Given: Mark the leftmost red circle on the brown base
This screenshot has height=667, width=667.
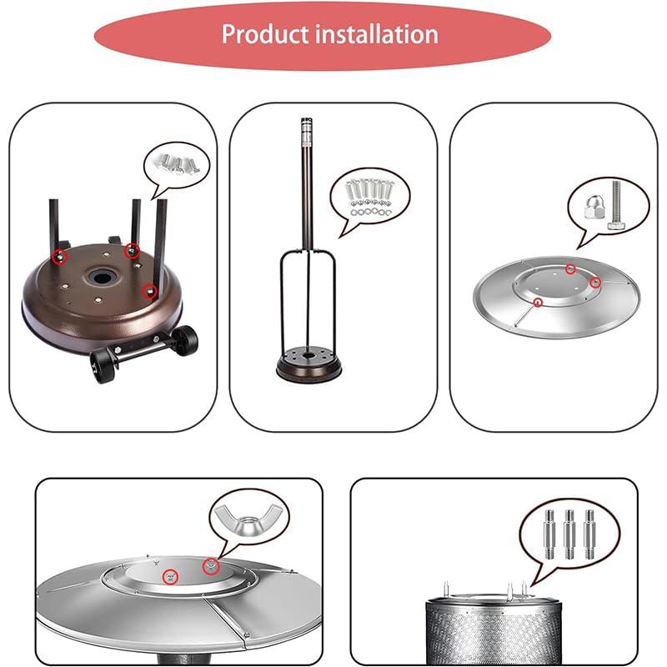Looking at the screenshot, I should [59, 255].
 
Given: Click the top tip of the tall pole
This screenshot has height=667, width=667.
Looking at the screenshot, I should [304, 123].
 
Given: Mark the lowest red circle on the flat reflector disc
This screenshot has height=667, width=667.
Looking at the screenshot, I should [538, 301].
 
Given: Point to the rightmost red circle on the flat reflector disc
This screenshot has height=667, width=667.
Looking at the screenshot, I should [595, 283].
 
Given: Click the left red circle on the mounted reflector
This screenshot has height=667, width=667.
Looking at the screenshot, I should [170, 575].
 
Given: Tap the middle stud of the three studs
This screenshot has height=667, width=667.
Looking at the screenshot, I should [570, 534].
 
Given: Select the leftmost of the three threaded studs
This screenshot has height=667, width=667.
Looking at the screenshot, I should [550, 534].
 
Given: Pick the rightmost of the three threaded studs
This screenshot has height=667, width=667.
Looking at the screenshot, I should [590, 534].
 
